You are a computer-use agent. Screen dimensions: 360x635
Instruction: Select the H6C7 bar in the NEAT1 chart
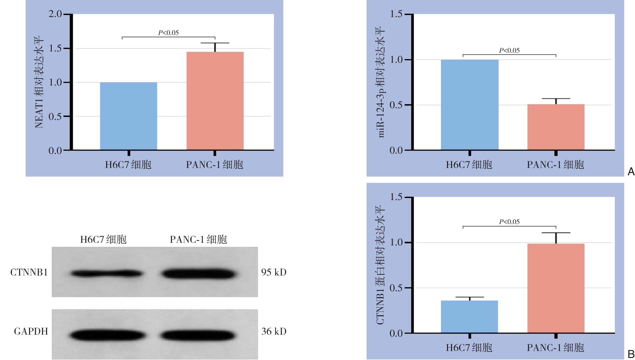click(x=129, y=116)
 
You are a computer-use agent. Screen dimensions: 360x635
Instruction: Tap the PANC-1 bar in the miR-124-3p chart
click(x=556, y=127)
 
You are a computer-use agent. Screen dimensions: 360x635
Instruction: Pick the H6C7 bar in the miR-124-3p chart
click(x=469, y=105)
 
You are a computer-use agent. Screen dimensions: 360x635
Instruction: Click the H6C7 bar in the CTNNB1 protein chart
click(x=469, y=317)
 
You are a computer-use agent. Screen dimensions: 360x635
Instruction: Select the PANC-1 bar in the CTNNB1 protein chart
click(x=556, y=288)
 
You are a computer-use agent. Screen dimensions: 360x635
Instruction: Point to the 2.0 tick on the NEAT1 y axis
click(x=55, y=14)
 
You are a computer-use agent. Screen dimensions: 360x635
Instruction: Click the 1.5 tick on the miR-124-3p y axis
click(x=396, y=14)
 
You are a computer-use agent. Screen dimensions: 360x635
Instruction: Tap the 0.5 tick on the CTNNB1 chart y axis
click(x=396, y=288)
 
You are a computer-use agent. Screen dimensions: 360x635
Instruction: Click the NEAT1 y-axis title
click(x=39, y=82)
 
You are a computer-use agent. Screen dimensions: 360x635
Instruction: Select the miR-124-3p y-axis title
click(x=381, y=82)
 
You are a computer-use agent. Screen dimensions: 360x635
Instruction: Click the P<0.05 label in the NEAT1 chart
click(x=168, y=33)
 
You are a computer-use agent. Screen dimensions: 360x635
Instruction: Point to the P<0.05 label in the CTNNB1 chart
click(x=509, y=222)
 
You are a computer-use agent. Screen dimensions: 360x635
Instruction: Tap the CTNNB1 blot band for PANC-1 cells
click(x=198, y=274)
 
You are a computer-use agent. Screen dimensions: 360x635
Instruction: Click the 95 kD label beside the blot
click(x=274, y=273)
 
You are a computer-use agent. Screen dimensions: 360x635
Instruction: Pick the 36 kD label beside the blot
click(x=274, y=331)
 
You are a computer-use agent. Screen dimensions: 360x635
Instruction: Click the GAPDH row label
click(x=31, y=331)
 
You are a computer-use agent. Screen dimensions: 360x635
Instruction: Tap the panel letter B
click(x=631, y=354)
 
